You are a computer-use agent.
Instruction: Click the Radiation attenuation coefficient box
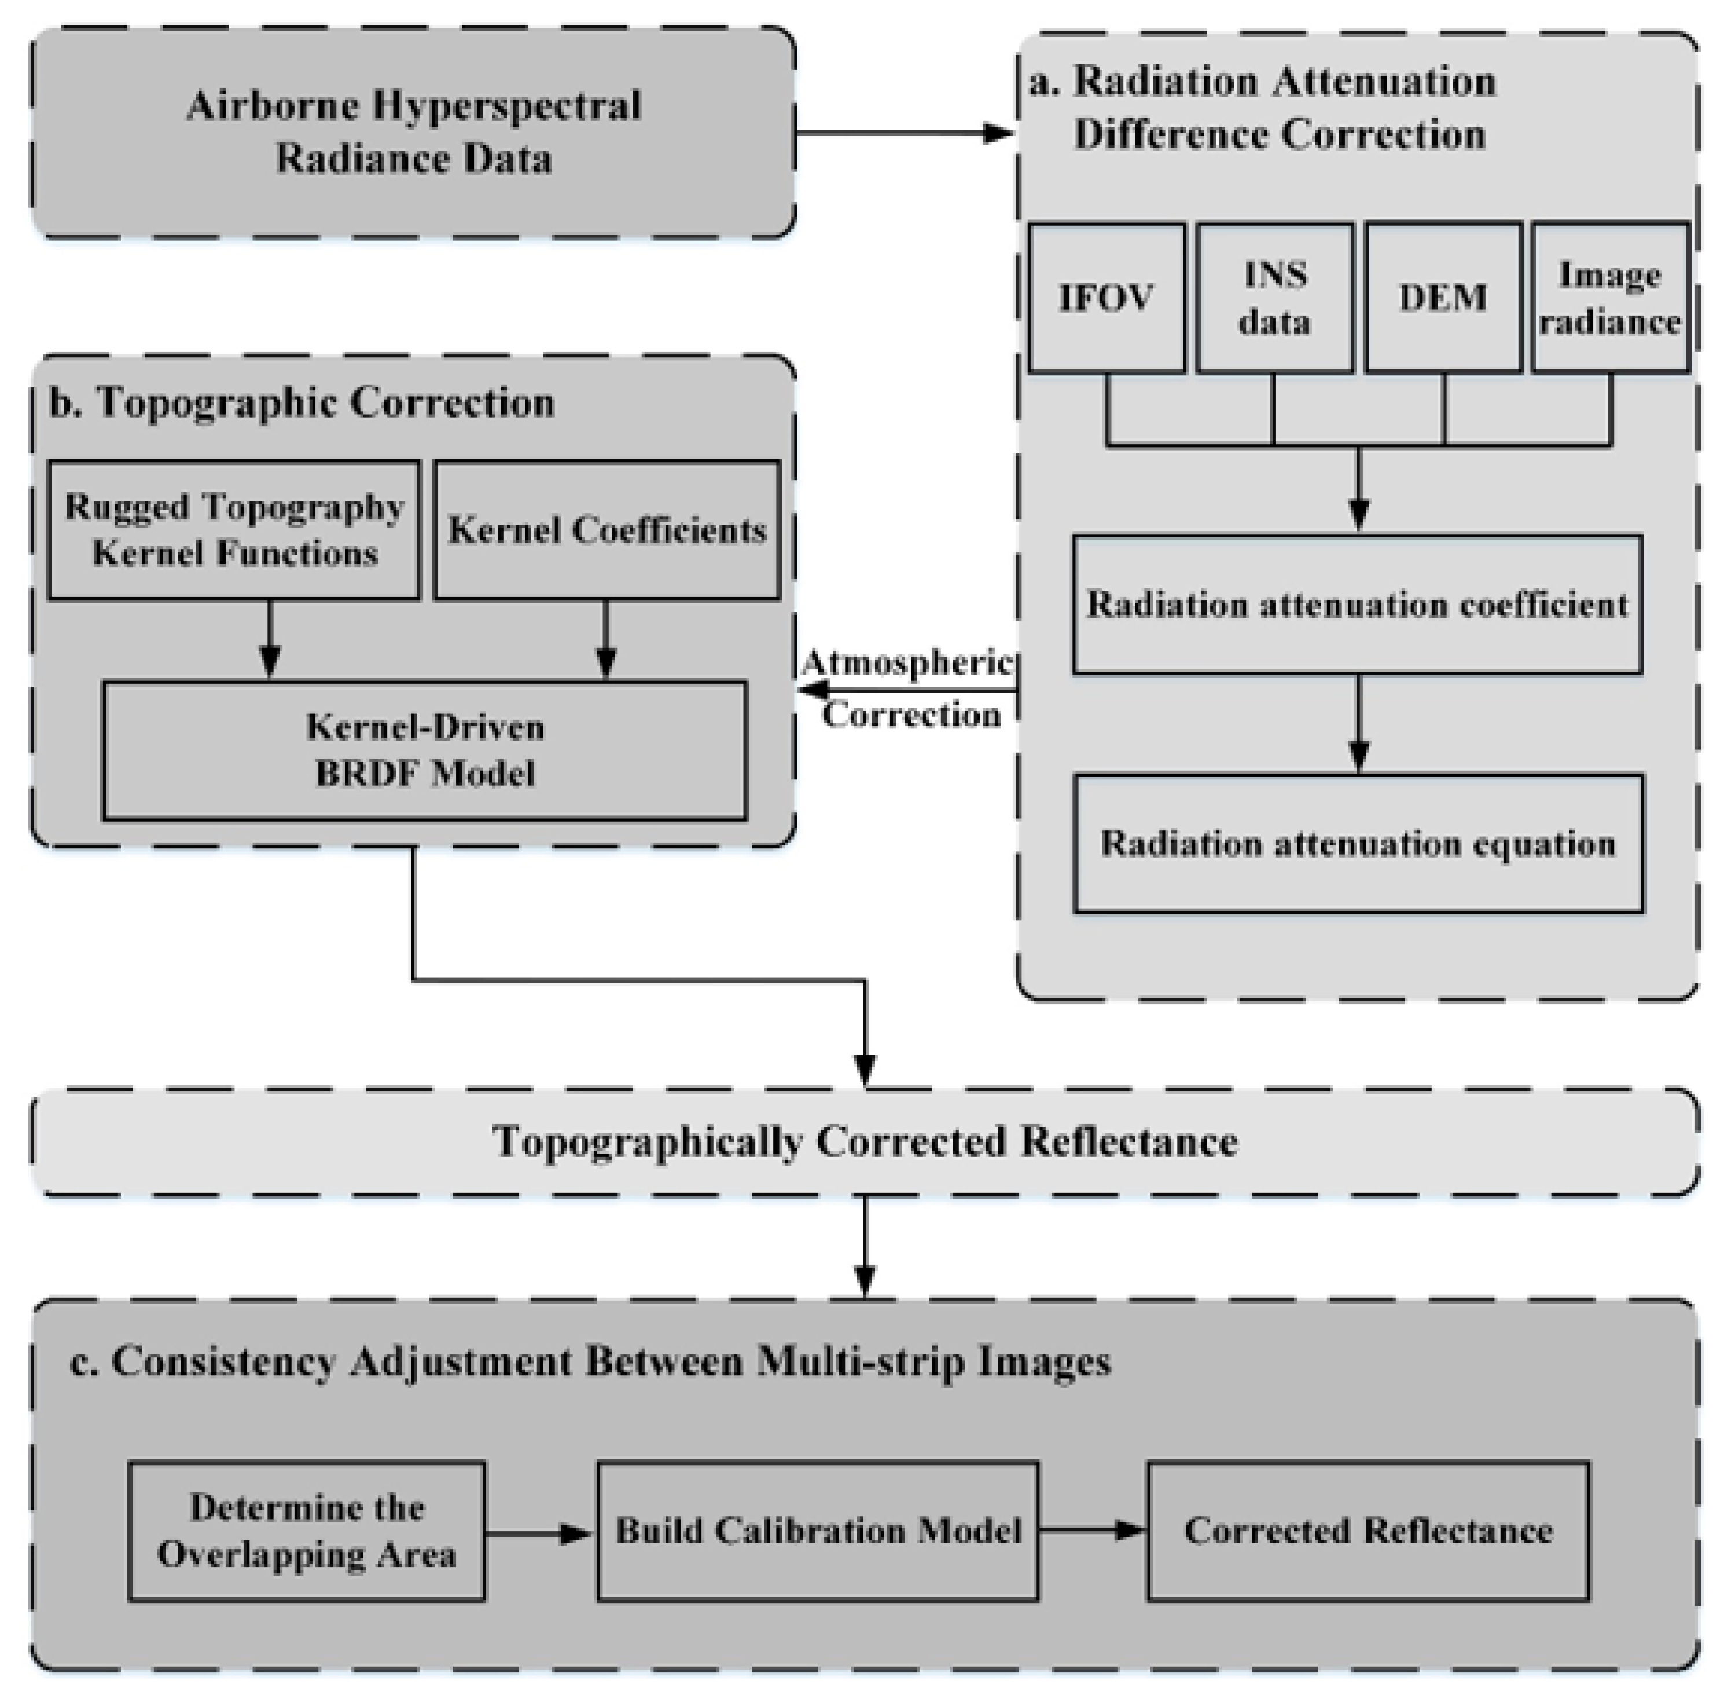[x=1357, y=605]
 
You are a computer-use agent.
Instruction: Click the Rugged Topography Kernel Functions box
[x=234, y=529]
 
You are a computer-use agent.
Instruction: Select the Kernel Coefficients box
[x=607, y=529]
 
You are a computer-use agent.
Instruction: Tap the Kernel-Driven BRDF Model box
[x=425, y=750]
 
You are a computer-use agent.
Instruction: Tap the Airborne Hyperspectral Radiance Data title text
[x=413, y=132]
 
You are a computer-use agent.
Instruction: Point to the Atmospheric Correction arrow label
[x=909, y=689]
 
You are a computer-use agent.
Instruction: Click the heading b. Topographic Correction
[x=302, y=402]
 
